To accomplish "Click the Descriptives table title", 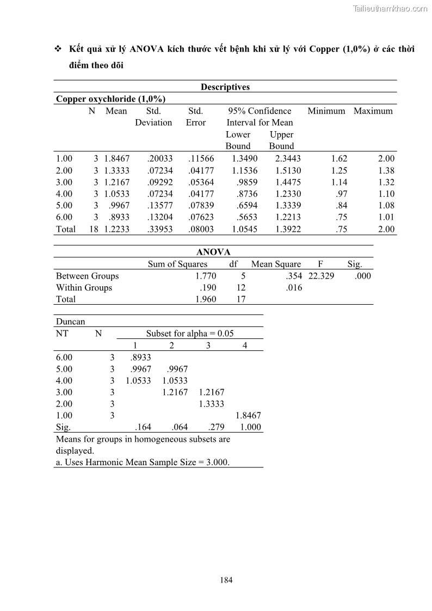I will [225, 87].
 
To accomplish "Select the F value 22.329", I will [321, 276].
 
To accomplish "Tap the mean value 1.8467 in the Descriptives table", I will [116, 159].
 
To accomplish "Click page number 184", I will [226, 580].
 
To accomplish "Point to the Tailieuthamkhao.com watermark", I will [390, 8].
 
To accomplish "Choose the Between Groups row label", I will [87, 276].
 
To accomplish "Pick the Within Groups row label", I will [84, 288].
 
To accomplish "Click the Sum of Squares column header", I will [177, 264].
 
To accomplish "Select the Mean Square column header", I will [276, 264].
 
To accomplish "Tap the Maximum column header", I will [373, 111].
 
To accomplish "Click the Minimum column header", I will [326, 111].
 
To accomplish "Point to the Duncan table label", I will [71, 322].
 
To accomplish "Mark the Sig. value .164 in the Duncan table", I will [143, 427].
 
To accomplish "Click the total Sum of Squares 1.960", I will [206, 299].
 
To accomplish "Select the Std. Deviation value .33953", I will [159, 230].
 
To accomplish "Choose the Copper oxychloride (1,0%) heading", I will [110, 99].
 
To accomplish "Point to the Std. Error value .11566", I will [201, 159].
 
